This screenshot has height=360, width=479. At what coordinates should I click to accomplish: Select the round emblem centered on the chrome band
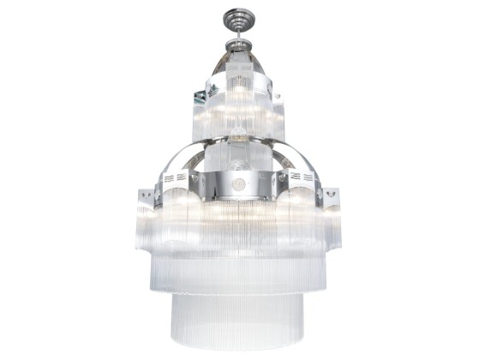tap(239, 183)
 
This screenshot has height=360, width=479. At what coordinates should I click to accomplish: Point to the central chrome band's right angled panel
tap(274, 183)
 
